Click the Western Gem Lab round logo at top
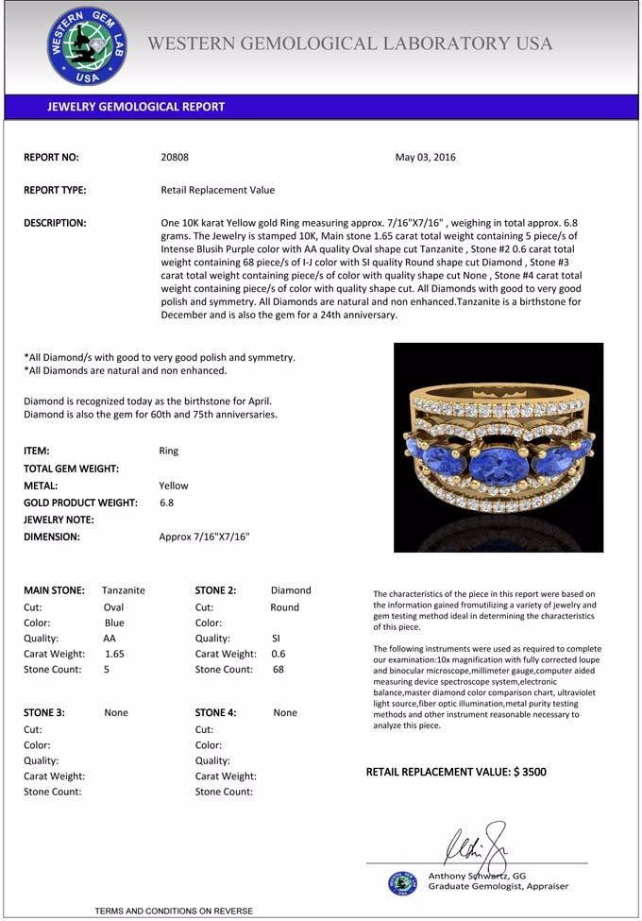88,46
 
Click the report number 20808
175,157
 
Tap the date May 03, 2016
425,157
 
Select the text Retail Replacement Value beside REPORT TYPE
217,190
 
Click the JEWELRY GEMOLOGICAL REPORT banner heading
136,107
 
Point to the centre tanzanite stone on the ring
498,465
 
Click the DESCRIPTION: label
55,223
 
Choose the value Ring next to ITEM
169,451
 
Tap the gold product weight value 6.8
166,503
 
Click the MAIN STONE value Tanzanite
124,589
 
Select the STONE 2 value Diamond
291,589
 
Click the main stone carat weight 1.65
114,653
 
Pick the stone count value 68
279,669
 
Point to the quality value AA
110,638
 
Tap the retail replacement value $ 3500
530,772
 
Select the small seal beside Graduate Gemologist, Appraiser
402,882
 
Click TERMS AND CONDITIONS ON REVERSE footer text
174,911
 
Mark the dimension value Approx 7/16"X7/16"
204,537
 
